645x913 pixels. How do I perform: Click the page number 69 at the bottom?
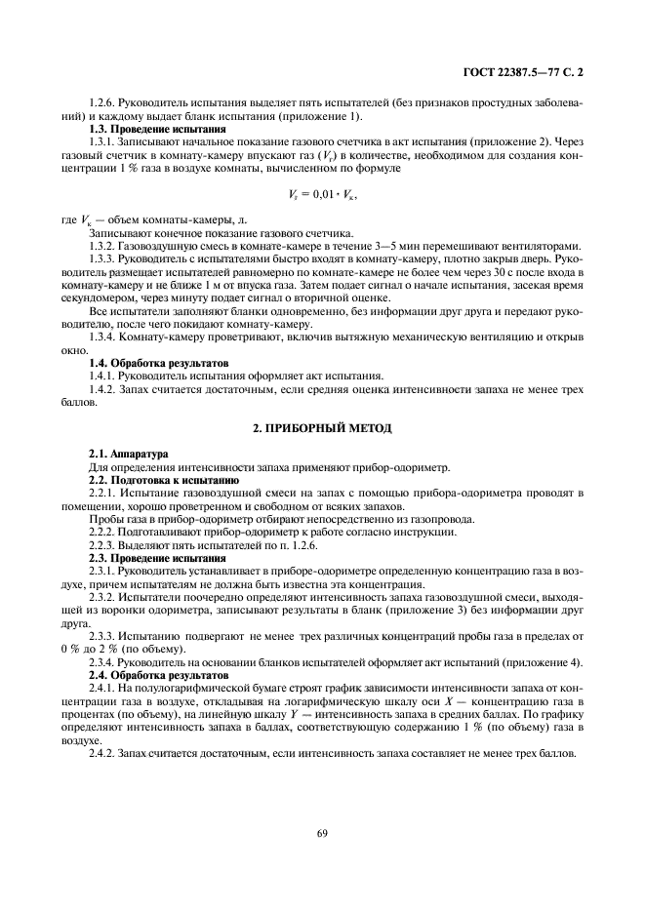click(322, 832)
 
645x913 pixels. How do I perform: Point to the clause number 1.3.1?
click(103, 142)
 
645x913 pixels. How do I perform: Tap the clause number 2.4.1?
click(103, 661)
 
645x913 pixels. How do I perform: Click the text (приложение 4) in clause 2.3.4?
click(545, 635)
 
